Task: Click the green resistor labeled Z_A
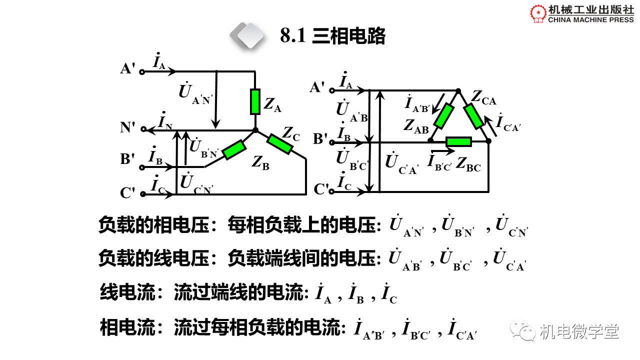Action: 255,101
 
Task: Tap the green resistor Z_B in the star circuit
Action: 234,149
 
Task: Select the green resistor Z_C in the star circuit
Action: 279,144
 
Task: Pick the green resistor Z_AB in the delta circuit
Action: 443,115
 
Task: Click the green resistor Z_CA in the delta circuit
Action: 473,116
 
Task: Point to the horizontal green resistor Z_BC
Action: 458,141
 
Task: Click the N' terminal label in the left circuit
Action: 127,127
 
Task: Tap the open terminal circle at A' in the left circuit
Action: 142,72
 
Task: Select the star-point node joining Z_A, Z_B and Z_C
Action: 255,130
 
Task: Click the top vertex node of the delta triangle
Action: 458,91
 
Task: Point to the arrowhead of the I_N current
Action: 150,130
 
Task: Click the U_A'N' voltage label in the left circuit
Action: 195,93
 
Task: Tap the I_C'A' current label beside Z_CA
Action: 508,123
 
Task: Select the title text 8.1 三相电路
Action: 333,36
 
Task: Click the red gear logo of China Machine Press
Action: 538,13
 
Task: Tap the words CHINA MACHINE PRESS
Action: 591,19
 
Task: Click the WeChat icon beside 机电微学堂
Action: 523,331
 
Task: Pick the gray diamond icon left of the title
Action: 247,35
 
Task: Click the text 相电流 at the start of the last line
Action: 127,327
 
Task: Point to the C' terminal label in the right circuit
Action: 321,189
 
